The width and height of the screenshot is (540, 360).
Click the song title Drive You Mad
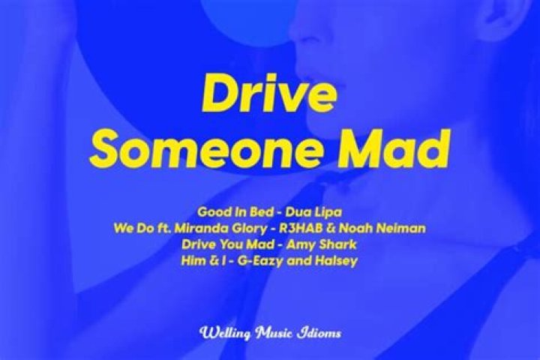point(226,244)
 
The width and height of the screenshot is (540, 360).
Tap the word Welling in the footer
point(223,332)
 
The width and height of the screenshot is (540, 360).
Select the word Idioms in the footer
point(320,332)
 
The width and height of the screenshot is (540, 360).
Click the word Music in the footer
point(274,332)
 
